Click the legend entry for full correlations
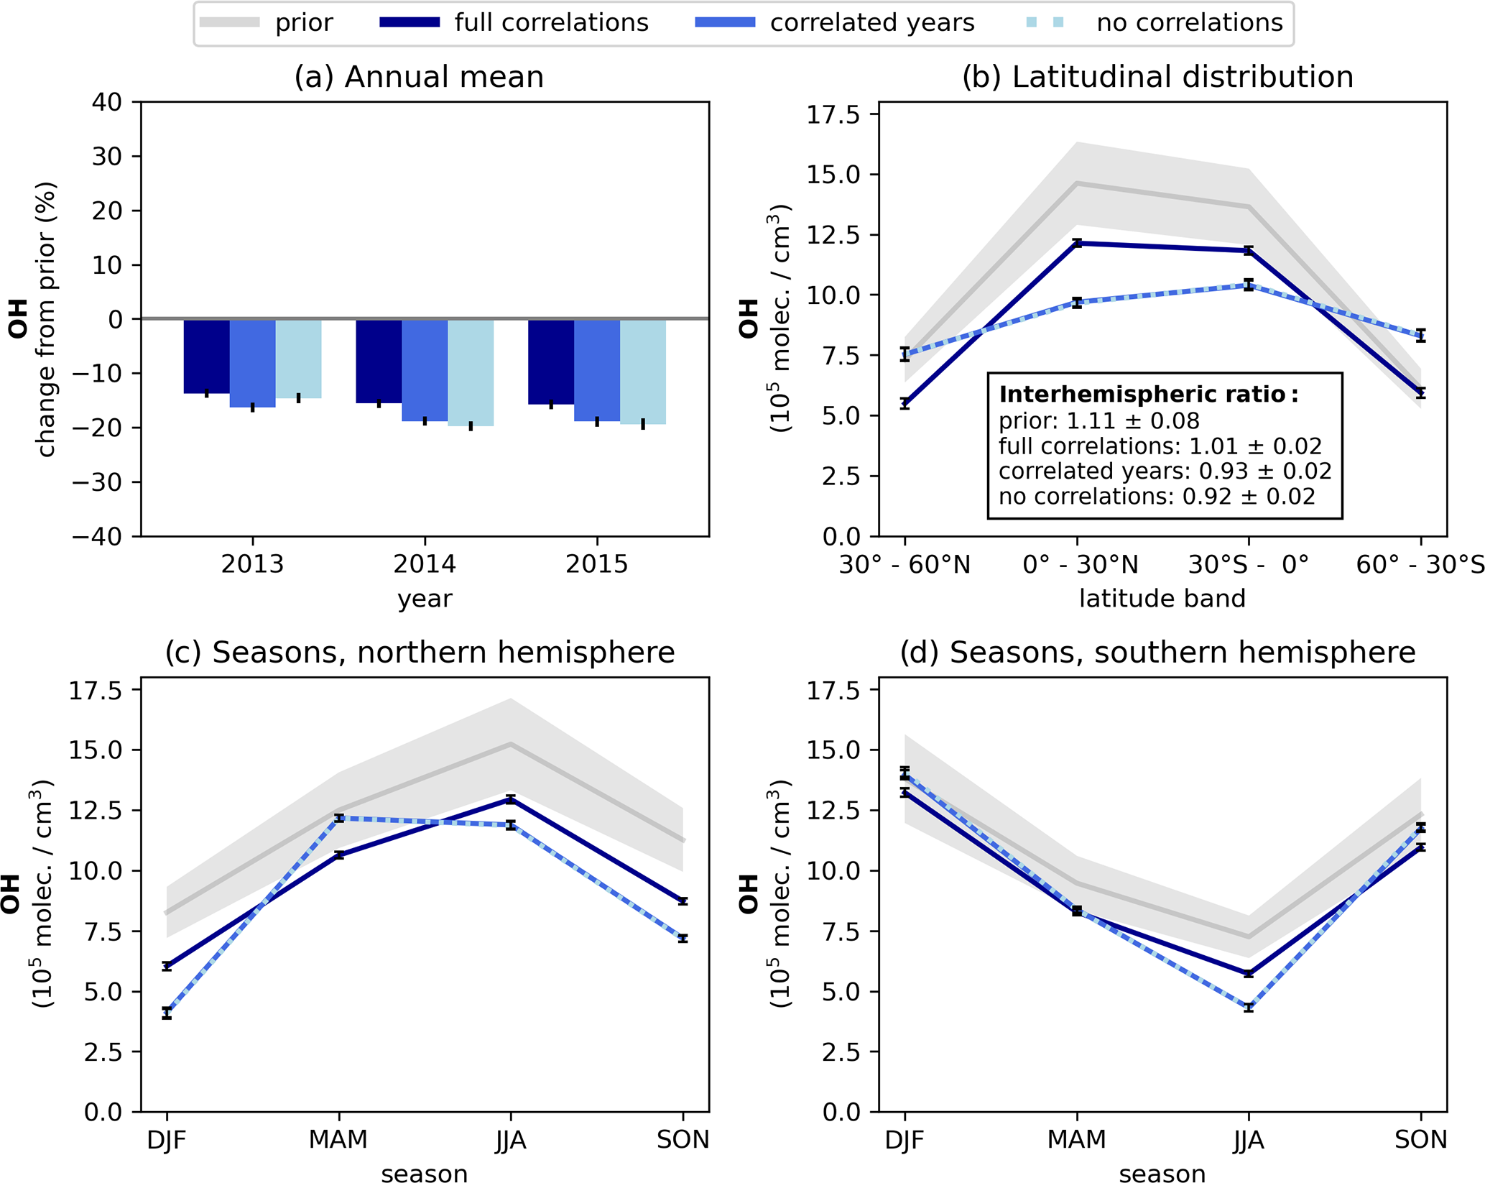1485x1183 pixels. tap(514, 23)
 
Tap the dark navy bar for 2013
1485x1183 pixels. tap(207, 356)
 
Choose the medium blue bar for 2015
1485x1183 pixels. tap(597, 369)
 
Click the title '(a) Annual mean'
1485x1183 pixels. tap(419, 77)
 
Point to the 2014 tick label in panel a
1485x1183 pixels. tap(425, 564)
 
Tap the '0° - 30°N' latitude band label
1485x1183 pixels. tap(1081, 565)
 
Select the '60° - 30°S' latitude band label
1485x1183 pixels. tap(1420, 565)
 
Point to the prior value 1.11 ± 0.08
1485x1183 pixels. tap(1099, 420)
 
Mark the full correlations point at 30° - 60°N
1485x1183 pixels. tap(905, 403)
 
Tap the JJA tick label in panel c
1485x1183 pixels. tap(511, 1140)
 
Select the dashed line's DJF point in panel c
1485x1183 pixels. tap(167, 1013)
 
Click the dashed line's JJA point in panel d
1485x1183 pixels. tap(1249, 1007)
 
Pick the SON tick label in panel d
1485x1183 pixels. tap(1420, 1140)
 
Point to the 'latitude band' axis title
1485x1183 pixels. tap(1162, 598)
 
